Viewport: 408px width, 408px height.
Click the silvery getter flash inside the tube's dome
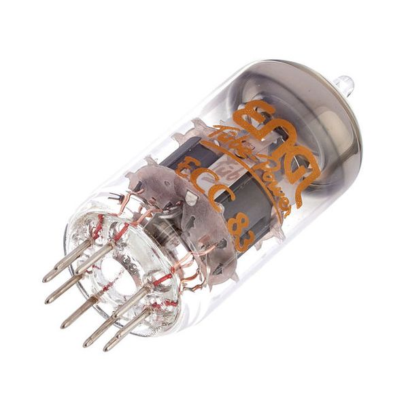pos(320,122)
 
